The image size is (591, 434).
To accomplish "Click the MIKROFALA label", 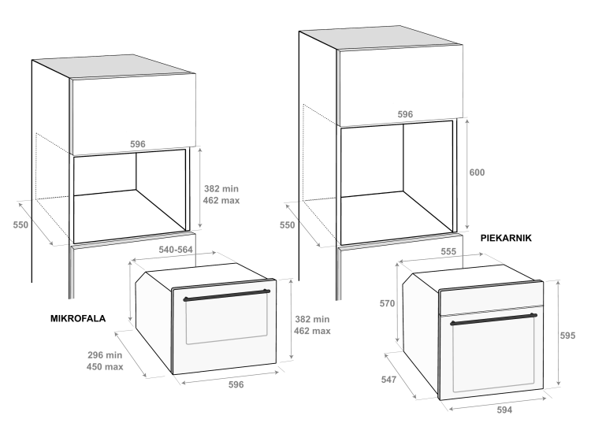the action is click(78, 319).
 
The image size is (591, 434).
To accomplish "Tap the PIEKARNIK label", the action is click(506, 238).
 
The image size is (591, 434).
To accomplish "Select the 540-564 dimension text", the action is click(176, 250).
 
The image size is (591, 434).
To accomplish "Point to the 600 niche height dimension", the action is click(477, 172).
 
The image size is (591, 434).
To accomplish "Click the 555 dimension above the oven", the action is click(448, 252).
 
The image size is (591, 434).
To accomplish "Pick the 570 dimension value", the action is click(387, 304).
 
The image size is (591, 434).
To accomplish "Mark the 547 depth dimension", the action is click(388, 380).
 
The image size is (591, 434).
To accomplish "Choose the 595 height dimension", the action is click(567, 336).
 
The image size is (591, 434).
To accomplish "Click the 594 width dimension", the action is click(504, 410).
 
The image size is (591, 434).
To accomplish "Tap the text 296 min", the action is click(105, 355).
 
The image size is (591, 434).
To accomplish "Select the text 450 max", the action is click(105, 366).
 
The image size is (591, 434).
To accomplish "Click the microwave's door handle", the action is click(226, 295).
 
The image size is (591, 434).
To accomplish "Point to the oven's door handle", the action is click(493, 319).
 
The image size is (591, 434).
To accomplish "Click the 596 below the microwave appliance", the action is click(236, 384).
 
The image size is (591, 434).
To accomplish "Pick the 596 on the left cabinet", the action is click(138, 144).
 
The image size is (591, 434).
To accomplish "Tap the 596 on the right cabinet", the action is click(405, 114).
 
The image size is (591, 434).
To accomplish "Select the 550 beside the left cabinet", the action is click(20, 225).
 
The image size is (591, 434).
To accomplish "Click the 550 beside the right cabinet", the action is click(287, 225).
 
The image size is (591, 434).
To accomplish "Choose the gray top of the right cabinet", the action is click(381, 38).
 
